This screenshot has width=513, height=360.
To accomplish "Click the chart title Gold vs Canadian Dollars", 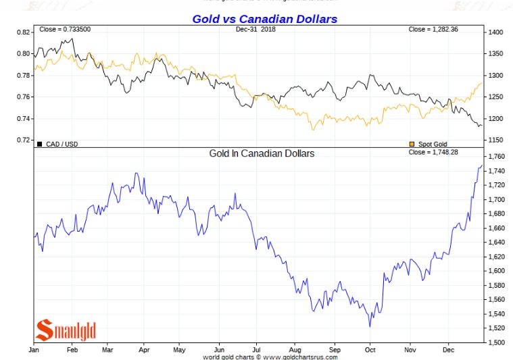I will click(x=264, y=19).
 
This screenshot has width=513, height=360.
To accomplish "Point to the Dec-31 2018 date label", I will click(x=256, y=30).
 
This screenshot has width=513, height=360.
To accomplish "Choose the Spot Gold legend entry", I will click(x=431, y=144).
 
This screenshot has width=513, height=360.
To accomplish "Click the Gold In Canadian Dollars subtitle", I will click(x=262, y=153).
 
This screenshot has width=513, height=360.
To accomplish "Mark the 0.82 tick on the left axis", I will click(x=23, y=32).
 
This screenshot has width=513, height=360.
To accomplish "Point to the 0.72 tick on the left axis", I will click(x=23, y=140).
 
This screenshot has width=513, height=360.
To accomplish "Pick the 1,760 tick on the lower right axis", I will click(x=496, y=157).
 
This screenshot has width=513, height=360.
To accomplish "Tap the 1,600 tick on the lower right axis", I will click(x=496, y=271).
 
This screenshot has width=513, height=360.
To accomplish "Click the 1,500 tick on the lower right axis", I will click(x=496, y=342).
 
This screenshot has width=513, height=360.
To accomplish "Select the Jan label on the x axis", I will click(x=34, y=350).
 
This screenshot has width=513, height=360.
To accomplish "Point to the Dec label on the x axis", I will click(x=447, y=350).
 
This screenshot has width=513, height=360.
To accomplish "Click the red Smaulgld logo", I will click(x=66, y=330).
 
